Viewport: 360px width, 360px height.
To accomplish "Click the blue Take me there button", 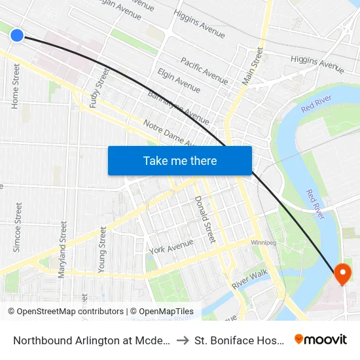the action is point(179,160).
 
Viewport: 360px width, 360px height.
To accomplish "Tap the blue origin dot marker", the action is point(17,35).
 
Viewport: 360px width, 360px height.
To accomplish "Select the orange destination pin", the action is point(342,273).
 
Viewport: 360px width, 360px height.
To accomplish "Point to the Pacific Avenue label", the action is point(204,71).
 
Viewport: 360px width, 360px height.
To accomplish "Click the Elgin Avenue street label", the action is point(179,80).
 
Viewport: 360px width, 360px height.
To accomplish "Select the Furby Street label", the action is point(102,82).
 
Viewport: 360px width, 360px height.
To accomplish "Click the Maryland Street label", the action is point(63,249).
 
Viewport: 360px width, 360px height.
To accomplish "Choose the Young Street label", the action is point(102,249).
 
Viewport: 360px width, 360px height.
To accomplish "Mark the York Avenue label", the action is point(171,247).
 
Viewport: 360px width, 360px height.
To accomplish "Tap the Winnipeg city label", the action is point(266,242).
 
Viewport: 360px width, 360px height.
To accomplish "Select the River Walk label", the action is point(250,279).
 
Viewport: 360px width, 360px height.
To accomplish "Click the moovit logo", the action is point(321,339).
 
